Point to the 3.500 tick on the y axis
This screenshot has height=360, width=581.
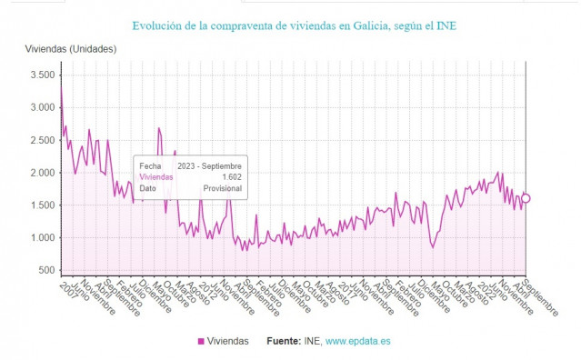click(42, 75)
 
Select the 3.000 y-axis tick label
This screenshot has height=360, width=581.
click(42, 107)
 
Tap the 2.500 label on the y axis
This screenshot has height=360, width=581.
click(42, 140)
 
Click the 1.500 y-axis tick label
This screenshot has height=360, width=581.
click(42, 205)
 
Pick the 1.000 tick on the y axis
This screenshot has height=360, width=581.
click(42, 238)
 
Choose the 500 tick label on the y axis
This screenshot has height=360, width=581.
click(46, 271)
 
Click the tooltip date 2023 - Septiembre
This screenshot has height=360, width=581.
click(209, 165)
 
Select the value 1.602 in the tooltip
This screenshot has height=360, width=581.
click(231, 177)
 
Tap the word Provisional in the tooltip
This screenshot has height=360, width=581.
click(222, 189)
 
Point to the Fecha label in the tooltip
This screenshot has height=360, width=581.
click(150, 165)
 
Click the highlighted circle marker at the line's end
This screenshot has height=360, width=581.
click(526, 198)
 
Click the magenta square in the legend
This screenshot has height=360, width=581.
click(201, 342)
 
